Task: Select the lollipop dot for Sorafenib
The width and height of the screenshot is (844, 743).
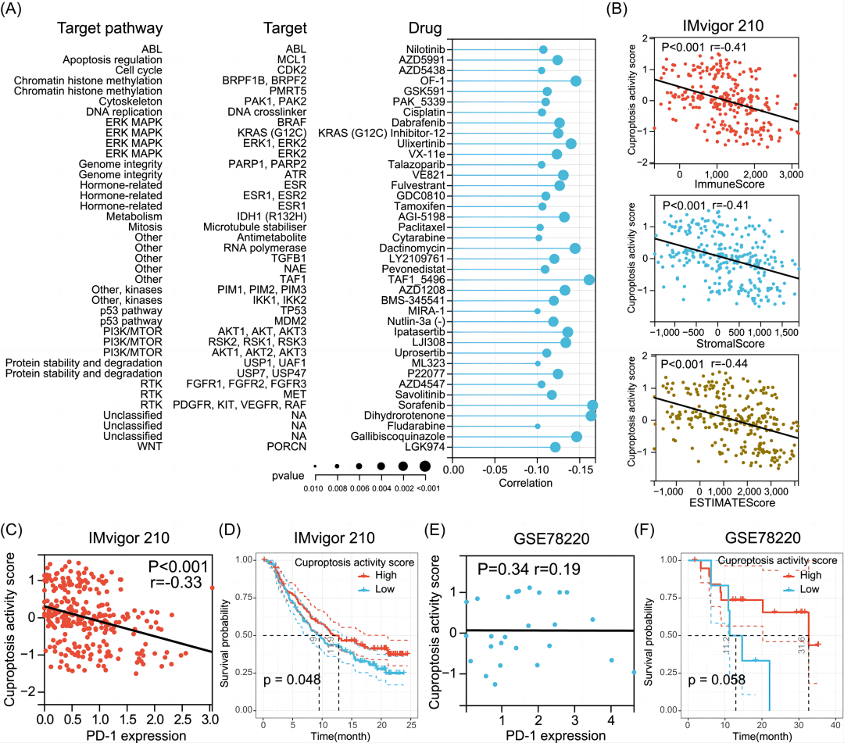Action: tap(592, 405)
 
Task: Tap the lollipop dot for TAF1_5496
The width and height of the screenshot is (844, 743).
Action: tap(589, 280)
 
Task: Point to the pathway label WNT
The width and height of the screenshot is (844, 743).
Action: tap(148, 447)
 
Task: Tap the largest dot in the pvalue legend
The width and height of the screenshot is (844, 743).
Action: tap(425, 466)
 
